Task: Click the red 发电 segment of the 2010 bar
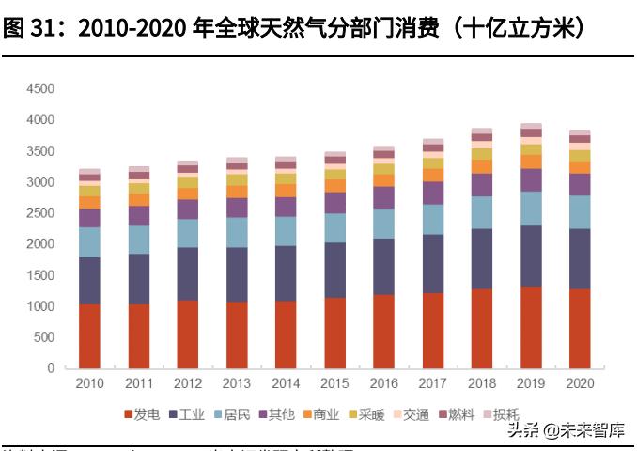click(89, 335)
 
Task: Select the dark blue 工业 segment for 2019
click(531, 256)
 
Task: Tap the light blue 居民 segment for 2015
click(334, 227)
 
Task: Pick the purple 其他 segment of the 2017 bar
click(432, 193)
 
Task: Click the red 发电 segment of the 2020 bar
click(580, 328)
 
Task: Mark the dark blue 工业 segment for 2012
click(187, 273)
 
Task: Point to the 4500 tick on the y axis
click(40, 89)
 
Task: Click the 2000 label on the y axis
click(40, 244)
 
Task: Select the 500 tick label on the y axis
click(44, 337)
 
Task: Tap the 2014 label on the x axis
click(286, 384)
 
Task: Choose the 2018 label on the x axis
click(482, 384)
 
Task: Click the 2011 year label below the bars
click(138, 384)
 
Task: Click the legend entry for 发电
click(141, 413)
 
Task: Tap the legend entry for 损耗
click(501, 413)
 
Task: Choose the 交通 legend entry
click(410, 413)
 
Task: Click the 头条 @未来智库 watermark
click(566, 432)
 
